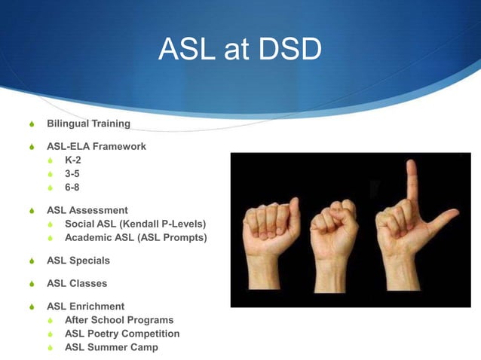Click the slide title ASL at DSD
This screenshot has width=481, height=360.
240,50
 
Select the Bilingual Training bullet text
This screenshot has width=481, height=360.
88,123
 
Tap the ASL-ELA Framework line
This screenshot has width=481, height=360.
97,146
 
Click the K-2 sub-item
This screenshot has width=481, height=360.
73,160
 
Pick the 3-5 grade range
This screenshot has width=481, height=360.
73,173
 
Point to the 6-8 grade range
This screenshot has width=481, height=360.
73,186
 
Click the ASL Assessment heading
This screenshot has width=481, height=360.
87,210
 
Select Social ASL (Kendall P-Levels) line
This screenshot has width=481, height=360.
135,224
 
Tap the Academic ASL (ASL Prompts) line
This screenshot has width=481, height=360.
136,237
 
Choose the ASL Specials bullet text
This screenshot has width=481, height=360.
78,261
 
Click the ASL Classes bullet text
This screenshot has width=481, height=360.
77,284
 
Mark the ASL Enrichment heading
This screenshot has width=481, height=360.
86,307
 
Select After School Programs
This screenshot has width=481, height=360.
119,320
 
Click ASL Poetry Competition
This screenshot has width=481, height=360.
122,334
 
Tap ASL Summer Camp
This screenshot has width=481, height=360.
112,347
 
